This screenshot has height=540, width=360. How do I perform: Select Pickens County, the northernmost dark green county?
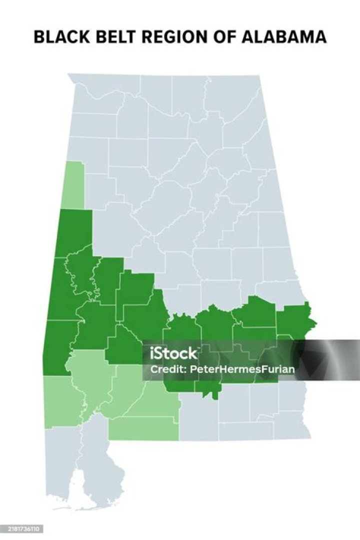[x=75, y=231]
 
